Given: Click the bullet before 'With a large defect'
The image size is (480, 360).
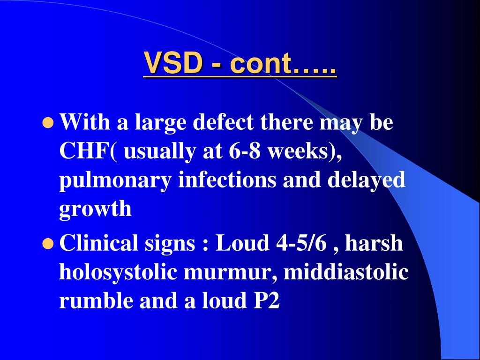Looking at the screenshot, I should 47,123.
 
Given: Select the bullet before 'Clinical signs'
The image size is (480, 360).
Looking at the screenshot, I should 47,243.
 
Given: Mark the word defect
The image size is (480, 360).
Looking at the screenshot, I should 225,123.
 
